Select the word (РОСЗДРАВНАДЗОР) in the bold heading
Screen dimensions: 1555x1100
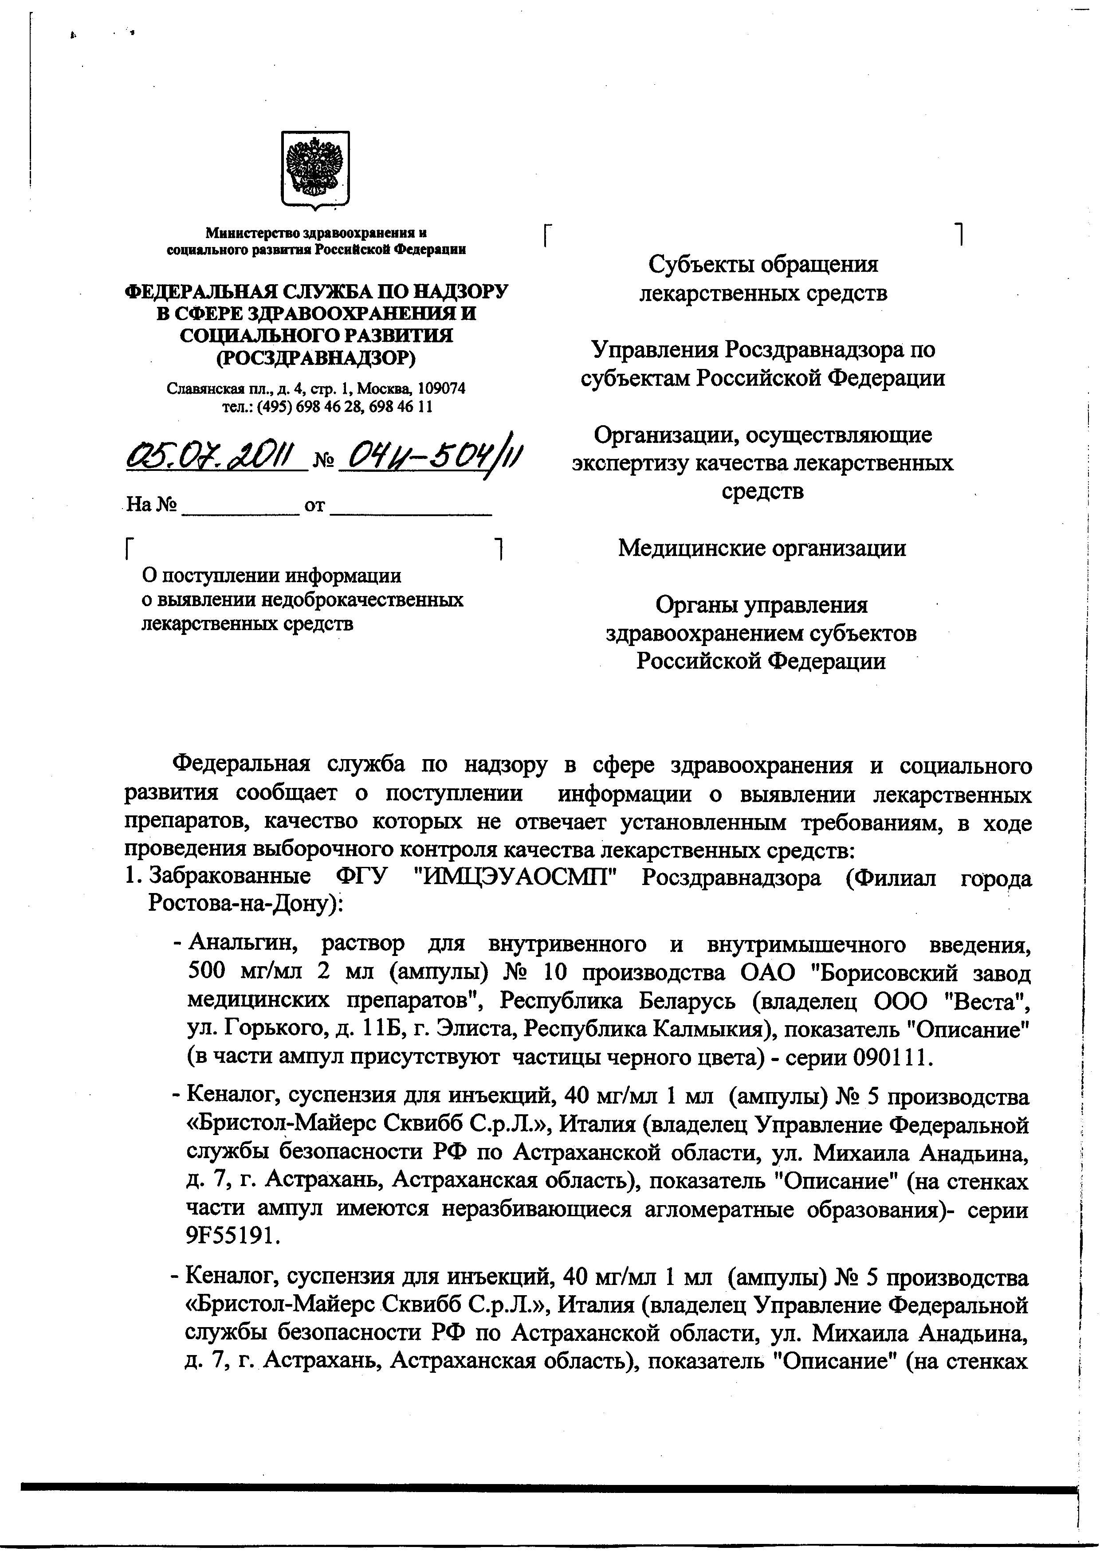pyautogui.click(x=316, y=357)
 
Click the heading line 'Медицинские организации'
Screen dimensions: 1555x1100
pyautogui.click(x=762, y=547)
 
